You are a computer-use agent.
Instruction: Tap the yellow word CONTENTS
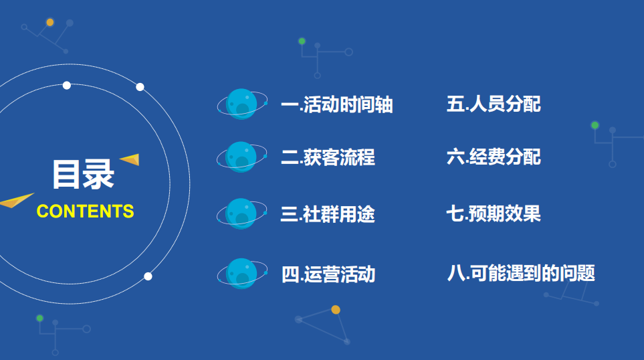(x=86, y=211)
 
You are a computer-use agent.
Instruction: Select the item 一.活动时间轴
(x=336, y=105)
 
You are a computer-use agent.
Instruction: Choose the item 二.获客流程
(x=328, y=157)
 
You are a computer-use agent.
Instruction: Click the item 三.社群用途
(x=328, y=214)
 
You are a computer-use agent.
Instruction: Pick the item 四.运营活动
(x=328, y=274)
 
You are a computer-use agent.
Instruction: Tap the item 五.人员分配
(x=494, y=104)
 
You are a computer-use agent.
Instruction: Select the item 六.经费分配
(x=494, y=157)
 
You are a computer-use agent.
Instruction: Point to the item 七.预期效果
(x=494, y=213)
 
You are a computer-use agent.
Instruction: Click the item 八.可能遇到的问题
(x=521, y=273)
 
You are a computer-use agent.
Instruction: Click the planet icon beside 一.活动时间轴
(x=241, y=104)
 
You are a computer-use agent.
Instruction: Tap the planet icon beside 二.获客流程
(x=241, y=157)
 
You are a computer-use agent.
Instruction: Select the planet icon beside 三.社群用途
(x=241, y=213)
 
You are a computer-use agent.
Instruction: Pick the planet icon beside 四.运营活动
(x=241, y=274)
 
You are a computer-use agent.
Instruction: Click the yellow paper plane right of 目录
(x=130, y=159)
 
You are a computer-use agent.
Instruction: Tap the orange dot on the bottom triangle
(x=336, y=310)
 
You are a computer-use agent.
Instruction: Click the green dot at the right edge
(x=595, y=125)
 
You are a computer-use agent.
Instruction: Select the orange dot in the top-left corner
(x=50, y=22)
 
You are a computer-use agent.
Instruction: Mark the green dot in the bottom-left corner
(x=39, y=318)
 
